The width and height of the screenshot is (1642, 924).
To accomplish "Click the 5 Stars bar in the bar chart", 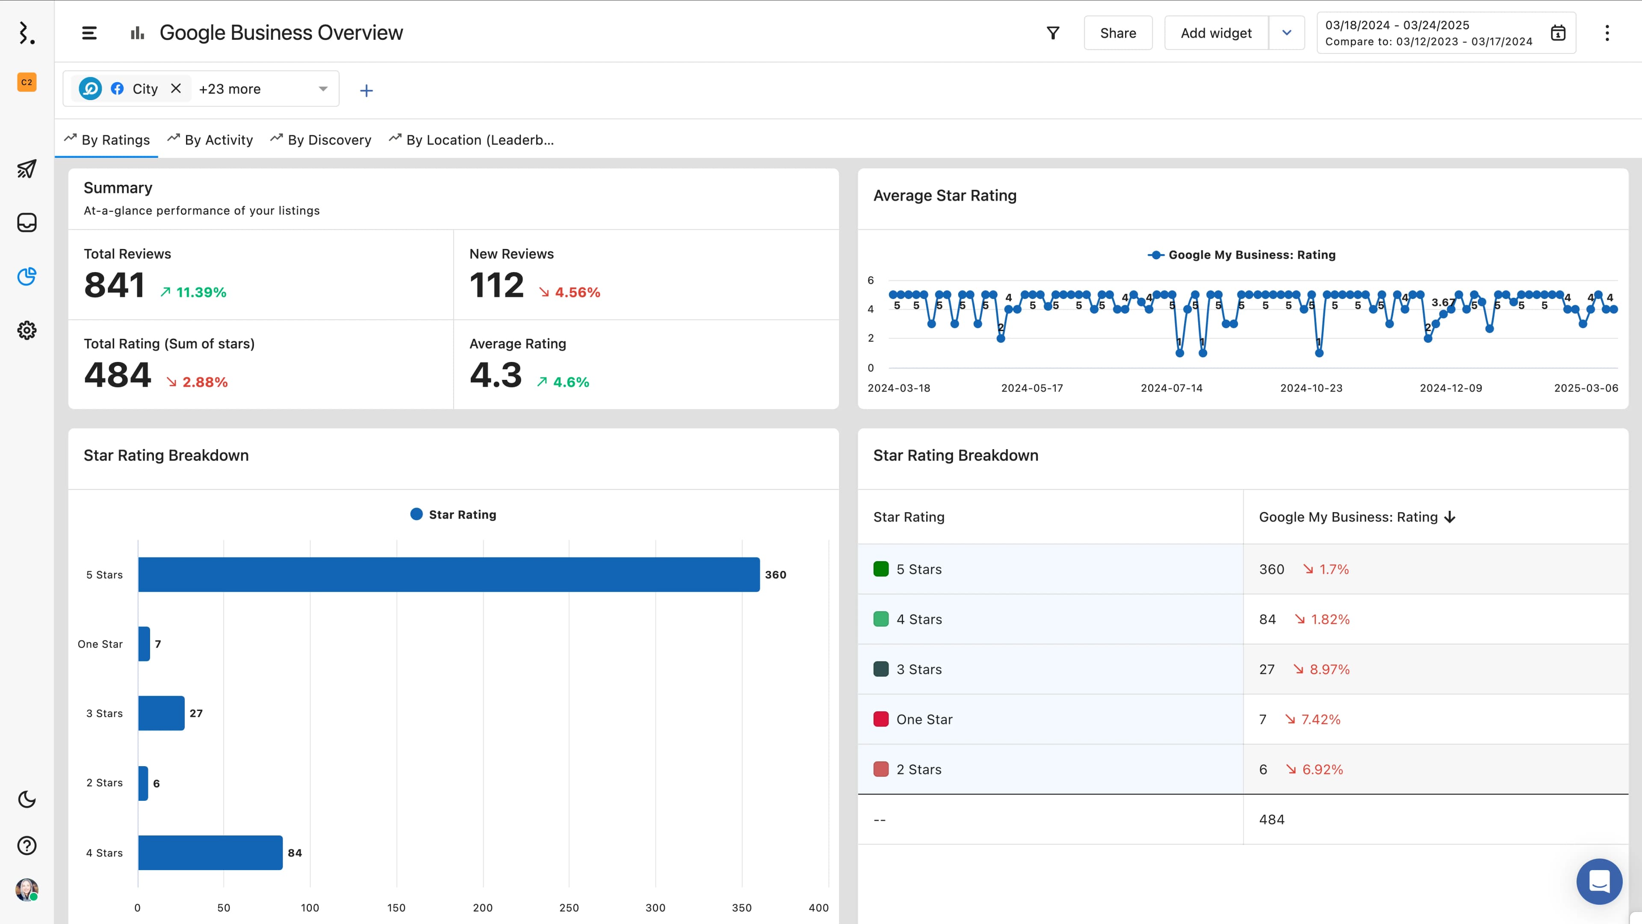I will pyautogui.click(x=448, y=574).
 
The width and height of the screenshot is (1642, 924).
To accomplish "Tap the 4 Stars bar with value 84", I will pyautogui.click(x=210, y=852).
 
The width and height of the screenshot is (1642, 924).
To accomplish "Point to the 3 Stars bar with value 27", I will pyautogui.click(x=161, y=713).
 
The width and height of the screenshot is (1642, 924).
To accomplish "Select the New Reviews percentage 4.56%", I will pyautogui.click(x=577, y=292).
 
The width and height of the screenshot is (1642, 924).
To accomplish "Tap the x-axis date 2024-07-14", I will pyautogui.click(x=1171, y=388).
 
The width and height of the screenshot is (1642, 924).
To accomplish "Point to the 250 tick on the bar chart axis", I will pyautogui.click(x=569, y=907).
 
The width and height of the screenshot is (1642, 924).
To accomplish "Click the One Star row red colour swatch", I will pyautogui.click(x=881, y=719).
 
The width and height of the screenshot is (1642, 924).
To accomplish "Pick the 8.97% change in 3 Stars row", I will pyautogui.click(x=1329, y=669).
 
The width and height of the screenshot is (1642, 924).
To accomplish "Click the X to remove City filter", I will pyautogui.click(x=176, y=89).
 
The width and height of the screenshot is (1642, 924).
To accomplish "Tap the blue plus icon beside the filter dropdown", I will pyautogui.click(x=366, y=91).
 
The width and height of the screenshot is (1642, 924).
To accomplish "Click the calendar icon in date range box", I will pyautogui.click(x=1558, y=33).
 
